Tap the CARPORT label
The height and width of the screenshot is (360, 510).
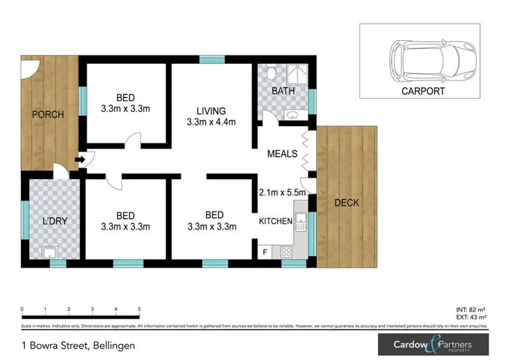[x=423, y=91]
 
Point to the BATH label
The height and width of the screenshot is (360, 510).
[x=283, y=91]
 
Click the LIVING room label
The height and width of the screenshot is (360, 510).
[x=211, y=110]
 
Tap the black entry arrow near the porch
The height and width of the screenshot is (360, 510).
[x=80, y=160]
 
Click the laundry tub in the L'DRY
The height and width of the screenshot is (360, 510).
[x=50, y=252]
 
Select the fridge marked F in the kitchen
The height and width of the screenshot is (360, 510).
[x=265, y=252]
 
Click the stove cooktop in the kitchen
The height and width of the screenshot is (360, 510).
[x=286, y=252]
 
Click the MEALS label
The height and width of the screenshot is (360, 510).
[x=282, y=154]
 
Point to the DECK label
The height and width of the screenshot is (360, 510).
[x=347, y=203]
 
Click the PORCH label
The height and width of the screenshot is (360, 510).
[x=48, y=115]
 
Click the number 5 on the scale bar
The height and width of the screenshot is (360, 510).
[x=139, y=310]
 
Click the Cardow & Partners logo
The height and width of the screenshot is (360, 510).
[x=433, y=345]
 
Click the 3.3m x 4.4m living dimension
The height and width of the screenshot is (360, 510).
[x=211, y=122]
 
